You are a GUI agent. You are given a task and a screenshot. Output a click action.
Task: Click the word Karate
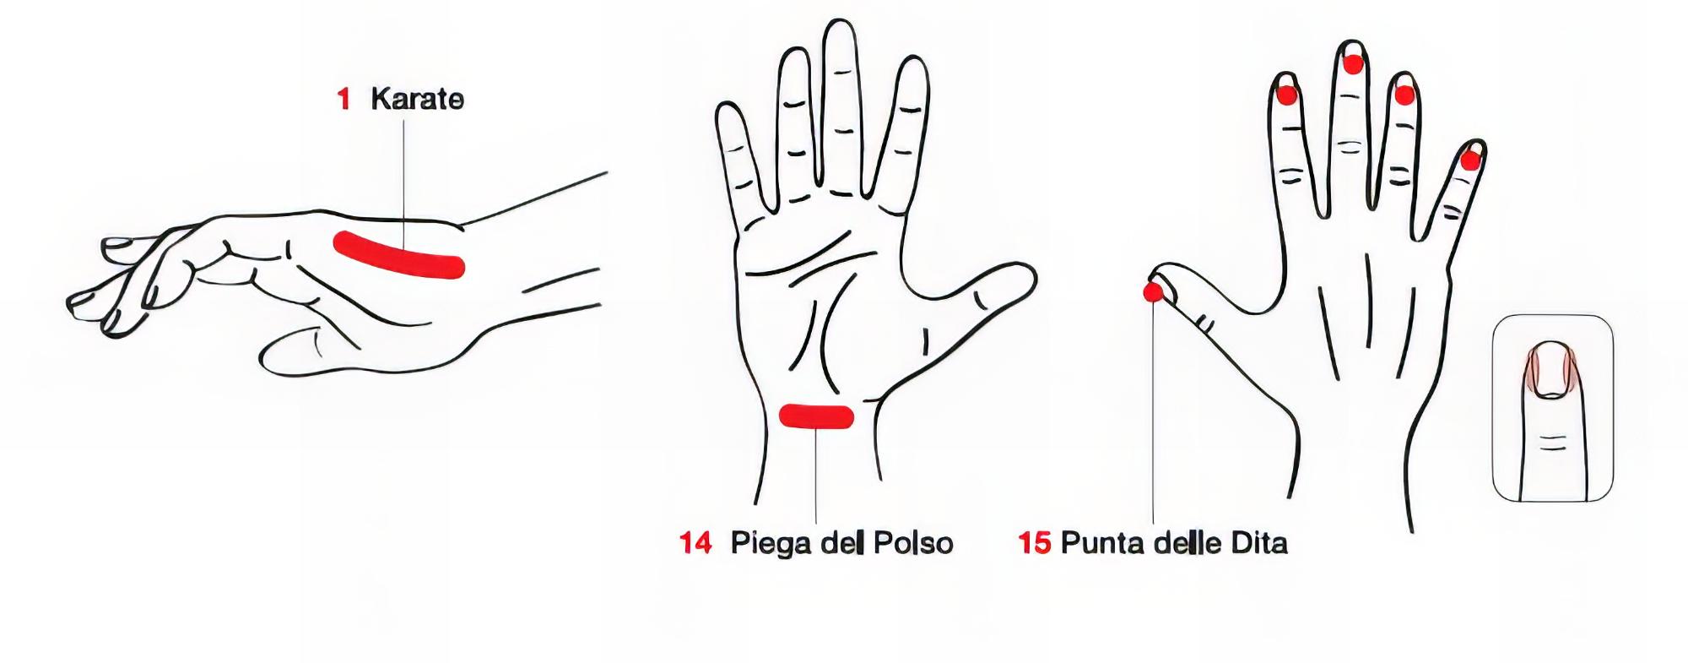point(417,100)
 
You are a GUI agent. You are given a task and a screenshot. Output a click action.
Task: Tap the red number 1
point(344,101)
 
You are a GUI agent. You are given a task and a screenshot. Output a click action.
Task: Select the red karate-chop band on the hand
point(398,255)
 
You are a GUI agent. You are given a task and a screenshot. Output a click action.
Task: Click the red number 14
point(695,543)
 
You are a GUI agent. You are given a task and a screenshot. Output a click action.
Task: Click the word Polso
point(912,543)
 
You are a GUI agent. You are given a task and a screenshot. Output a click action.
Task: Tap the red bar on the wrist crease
point(816,416)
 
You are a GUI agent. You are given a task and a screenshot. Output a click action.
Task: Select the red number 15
point(1035,543)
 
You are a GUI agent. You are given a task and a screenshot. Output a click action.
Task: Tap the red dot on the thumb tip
point(1153,292)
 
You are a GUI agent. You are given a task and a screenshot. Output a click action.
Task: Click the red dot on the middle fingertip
point(1354,64)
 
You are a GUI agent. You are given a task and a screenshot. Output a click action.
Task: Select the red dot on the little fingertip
point(1470,160)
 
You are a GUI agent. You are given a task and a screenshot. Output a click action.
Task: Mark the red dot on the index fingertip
point(1286,95)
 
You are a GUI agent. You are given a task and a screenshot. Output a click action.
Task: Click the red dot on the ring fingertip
point(1404,95)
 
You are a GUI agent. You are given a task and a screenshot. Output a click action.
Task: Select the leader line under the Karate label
point(403,185)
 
